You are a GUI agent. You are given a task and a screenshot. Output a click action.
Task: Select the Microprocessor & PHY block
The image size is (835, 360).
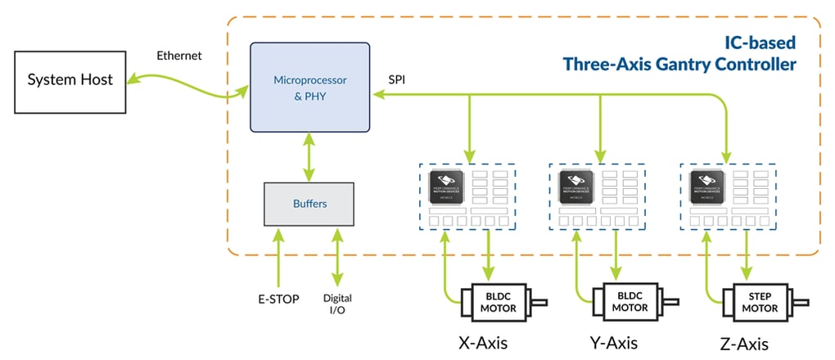click(x=309, y=88)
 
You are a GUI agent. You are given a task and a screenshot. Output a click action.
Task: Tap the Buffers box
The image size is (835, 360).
click(x=309, y=203)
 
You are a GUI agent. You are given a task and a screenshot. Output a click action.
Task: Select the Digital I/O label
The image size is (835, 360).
click(x=337, y=304)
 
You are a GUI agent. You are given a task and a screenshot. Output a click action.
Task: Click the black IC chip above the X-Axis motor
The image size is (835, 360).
click(x=447, y=187)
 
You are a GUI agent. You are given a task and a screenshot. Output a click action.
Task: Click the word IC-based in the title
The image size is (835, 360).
click(x=761, y=40)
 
